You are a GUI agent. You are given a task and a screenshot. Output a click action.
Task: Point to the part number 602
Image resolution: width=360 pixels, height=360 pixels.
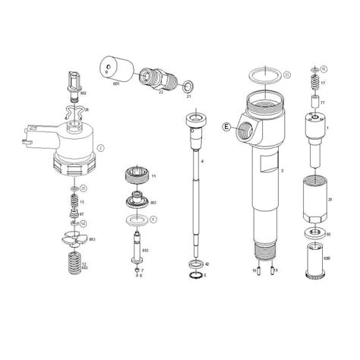(x=84, y=93)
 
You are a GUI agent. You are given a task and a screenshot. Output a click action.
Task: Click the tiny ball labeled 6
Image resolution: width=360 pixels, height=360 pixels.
(x=134, y=274)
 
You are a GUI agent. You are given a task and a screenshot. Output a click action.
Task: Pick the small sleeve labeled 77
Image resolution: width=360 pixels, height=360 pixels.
(x=312, y=101)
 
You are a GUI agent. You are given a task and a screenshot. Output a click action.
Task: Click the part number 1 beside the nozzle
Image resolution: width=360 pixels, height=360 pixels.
(x=327, y=128)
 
